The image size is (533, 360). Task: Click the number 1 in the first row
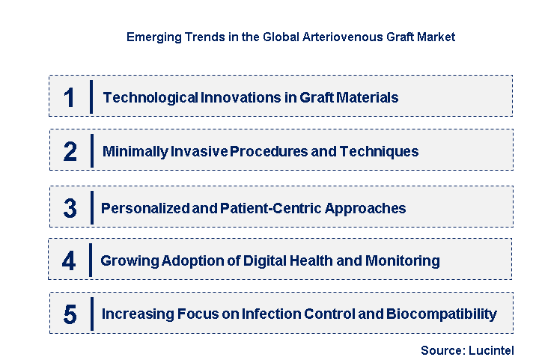[x=70, y=97]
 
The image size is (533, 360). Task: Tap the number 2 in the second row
[x=70, y=151]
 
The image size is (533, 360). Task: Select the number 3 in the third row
[x=70, y=208]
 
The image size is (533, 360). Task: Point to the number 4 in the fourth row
[x=70, y=260]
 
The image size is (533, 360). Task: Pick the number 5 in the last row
[x=70, y=314]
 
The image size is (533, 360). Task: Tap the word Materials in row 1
[x=365, y=97]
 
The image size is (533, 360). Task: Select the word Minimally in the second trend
[x=135, y=151]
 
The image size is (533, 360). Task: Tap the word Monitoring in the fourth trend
[x=402, y=260]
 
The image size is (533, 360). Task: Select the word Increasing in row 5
[x=135, y=314]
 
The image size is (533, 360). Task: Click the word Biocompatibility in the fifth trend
[x=441, y=314]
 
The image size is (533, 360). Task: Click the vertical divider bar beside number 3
[x=91, y=207]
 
